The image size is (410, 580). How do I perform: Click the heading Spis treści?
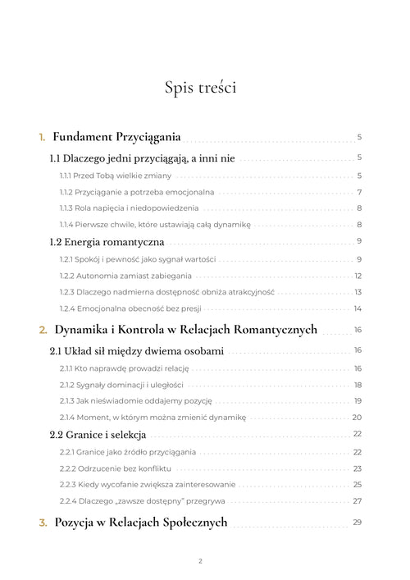point(200,87)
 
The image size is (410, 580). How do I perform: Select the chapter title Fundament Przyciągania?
point(116,137)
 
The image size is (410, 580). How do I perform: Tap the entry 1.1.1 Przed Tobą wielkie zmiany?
point(116,176)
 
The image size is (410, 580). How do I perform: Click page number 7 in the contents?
point(359,192)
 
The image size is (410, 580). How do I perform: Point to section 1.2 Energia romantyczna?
point(107,242)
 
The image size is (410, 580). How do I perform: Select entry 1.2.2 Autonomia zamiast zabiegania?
point(125,276)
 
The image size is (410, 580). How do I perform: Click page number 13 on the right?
point(358,292)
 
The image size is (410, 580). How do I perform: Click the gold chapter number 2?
point(43,330)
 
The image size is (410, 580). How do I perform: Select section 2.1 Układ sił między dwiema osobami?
point(136,350)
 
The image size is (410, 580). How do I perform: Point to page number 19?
point(358,400)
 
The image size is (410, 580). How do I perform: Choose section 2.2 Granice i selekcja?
point(98,434)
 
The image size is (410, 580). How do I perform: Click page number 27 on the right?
point(358,500)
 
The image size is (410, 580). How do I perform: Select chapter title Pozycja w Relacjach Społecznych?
point(140,523)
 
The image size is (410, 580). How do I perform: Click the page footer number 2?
point(200,561)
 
